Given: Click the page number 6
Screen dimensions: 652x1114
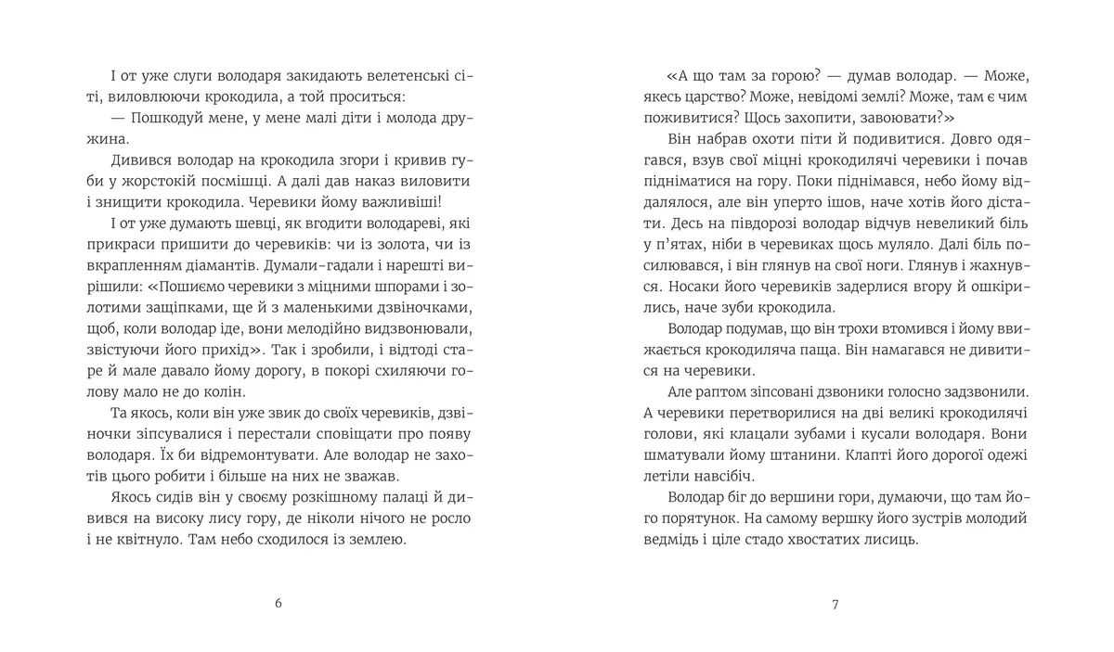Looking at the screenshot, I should pyautogui.click(x=278, y=604).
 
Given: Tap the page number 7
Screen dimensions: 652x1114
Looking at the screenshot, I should pyautogui.click(x=835, y=604).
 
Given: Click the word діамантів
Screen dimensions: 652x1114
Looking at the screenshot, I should pyautogui.click(x=231, y=265).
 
